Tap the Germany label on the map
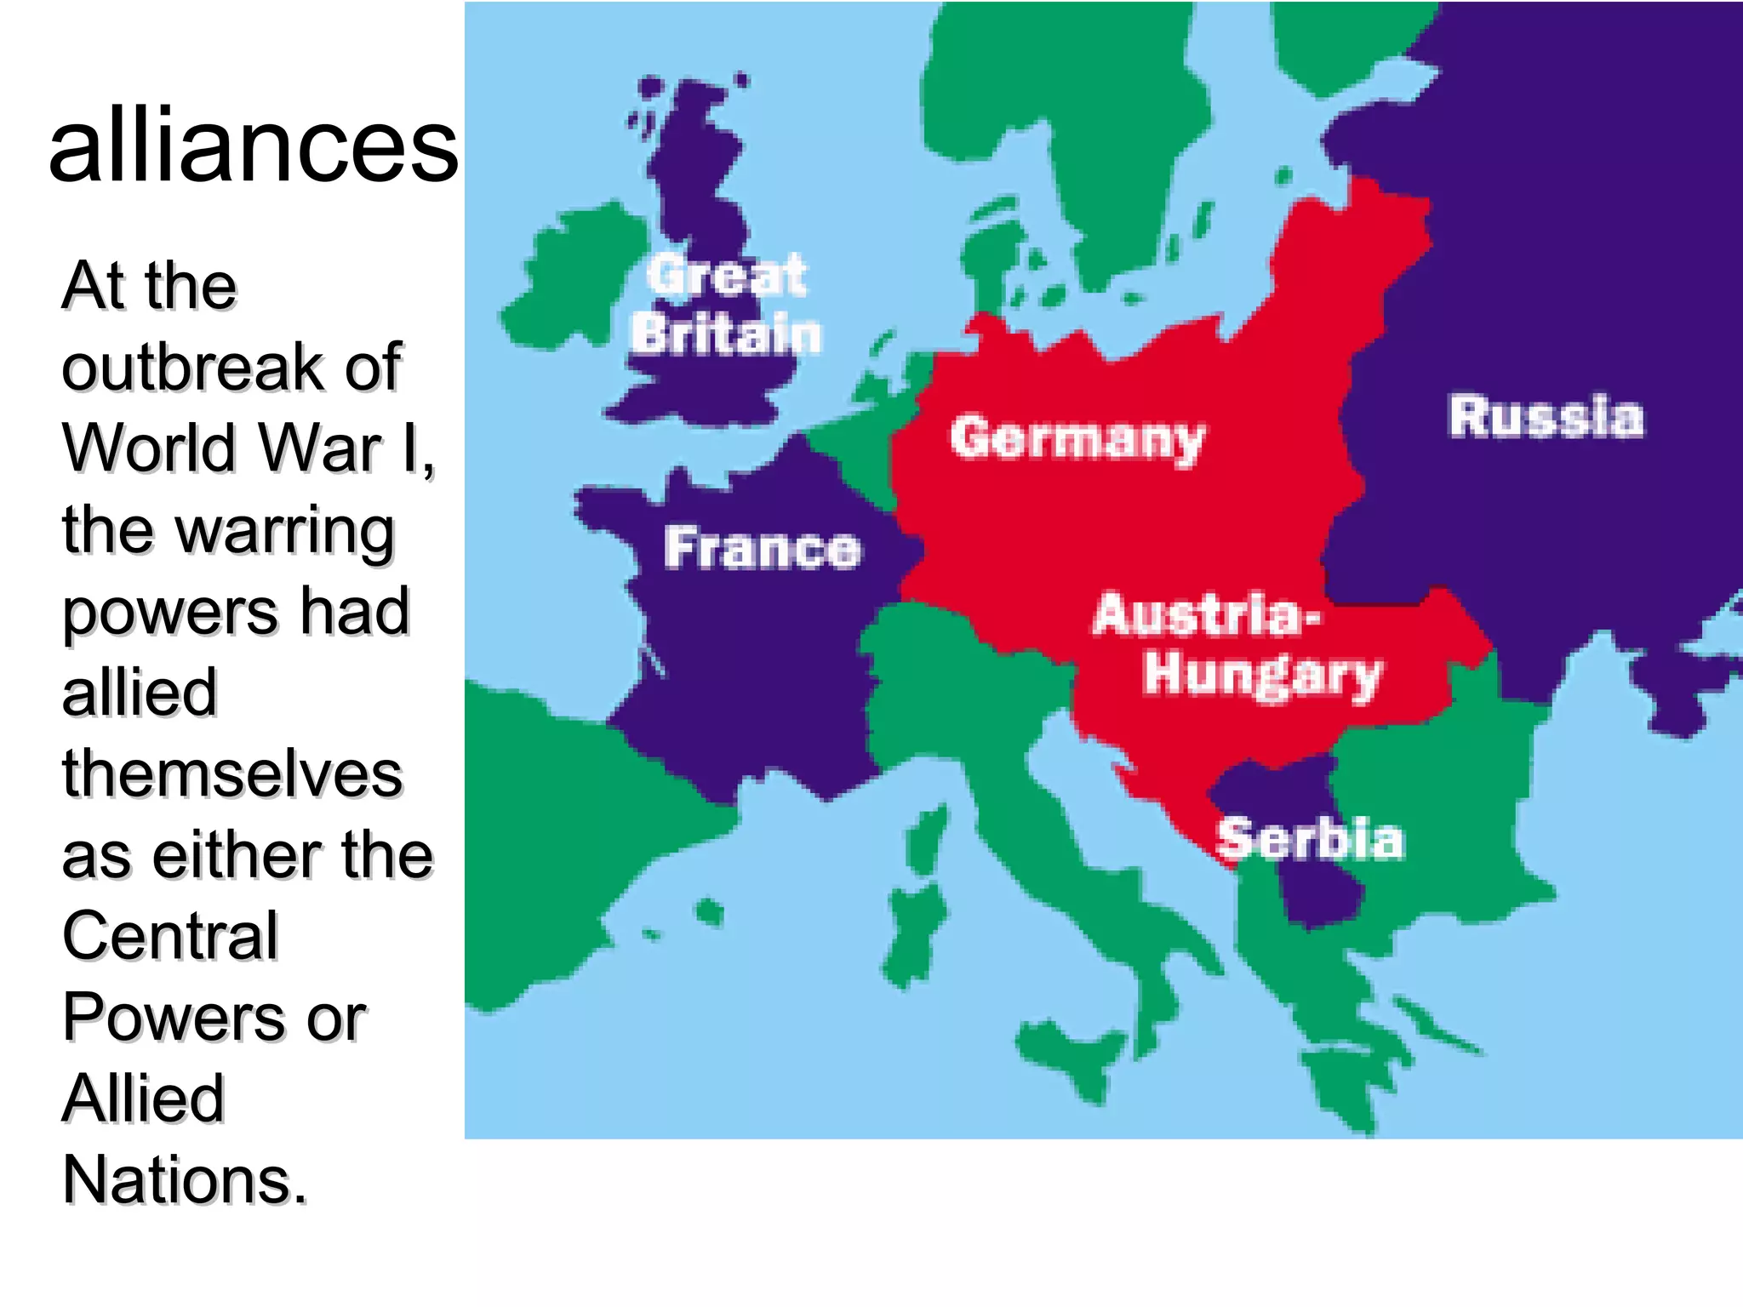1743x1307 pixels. (1077, 439)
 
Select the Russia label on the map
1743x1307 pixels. (1546, 417)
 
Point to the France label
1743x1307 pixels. (762, 548)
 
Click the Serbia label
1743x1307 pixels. (1310, 839)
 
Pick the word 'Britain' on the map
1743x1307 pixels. (726, 334)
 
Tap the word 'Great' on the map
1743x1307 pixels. (726, 275)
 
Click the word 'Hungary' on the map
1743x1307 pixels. (1262, 675)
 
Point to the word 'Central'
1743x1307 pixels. (170, 936)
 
